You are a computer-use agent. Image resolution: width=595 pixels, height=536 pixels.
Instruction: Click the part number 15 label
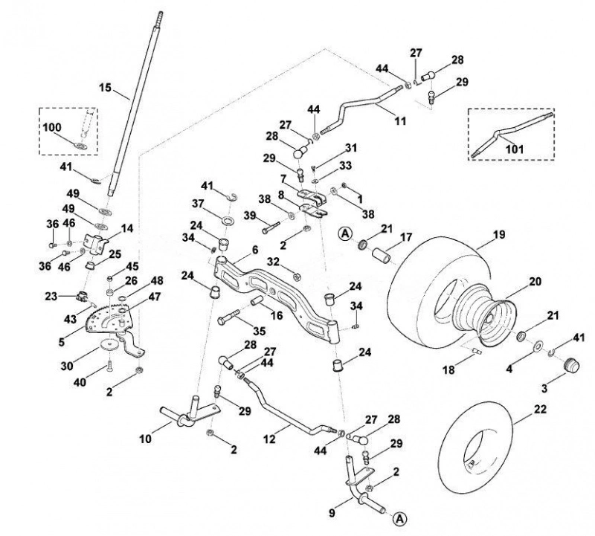pos(105,88)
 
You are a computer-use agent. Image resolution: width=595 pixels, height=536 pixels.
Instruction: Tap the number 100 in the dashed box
pos(51,127)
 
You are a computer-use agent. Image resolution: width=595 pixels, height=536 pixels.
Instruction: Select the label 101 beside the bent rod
pos(515,149)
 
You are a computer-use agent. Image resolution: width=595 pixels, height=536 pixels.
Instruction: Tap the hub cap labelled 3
pos(570,365)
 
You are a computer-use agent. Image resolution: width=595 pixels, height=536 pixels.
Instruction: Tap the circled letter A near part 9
pos(399,519)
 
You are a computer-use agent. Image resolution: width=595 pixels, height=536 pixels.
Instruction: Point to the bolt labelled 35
pos(228,317)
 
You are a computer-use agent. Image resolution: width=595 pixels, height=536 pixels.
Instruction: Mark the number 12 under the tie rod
pos(269,439)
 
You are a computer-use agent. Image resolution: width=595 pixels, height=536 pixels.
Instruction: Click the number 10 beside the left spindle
pos(145,439)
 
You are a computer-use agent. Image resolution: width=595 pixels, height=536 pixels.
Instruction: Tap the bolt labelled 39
pos(270,227)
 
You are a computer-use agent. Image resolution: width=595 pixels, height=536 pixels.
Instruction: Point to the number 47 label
pos(155,297)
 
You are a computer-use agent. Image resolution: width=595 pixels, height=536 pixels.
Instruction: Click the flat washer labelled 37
pos(228,220)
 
